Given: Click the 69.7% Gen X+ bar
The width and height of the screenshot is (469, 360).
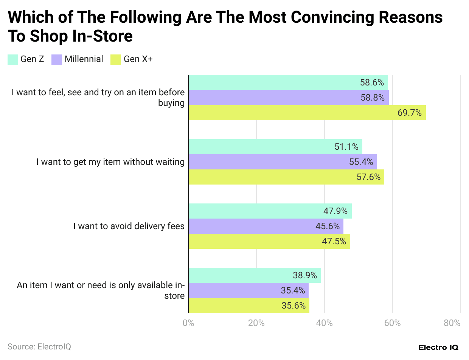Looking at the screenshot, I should pos(307,113).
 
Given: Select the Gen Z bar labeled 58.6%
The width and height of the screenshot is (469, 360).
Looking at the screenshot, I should pos(288,82).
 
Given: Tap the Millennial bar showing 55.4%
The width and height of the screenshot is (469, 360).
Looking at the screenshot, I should pos(282,162).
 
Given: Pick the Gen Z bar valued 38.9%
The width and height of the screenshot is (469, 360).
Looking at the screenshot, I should pos(254,275).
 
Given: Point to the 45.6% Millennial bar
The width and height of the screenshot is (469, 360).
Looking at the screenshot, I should pos(266,226).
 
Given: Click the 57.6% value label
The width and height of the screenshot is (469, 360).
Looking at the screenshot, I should pos(368,177).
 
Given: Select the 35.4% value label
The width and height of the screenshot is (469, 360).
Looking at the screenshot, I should pos(293,290).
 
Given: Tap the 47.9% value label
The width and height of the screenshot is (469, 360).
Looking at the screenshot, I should pos(335,211).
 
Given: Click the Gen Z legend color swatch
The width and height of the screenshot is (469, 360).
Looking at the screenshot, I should pos(13,60).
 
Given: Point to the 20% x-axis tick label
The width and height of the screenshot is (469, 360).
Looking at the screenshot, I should pos(256,323).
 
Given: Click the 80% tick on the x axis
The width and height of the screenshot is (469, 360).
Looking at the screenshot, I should pos(452,323).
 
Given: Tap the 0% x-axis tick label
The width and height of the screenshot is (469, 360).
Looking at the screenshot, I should pos(188,323).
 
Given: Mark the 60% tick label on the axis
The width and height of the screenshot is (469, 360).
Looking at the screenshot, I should pos(392,323).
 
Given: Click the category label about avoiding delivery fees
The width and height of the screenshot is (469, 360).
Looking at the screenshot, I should pos(129,226).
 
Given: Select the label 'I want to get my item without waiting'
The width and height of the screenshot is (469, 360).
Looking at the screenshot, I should pos(110,162).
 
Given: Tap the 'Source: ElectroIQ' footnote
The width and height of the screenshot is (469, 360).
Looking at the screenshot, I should pos(39,346).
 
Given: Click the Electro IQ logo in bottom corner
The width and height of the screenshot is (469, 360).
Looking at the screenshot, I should pos(438,347).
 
